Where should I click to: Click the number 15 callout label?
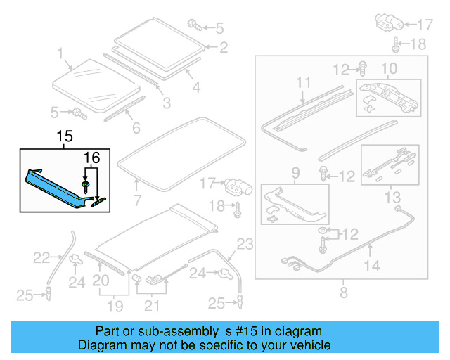[x=65, y=135]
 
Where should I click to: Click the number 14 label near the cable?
[x=372, y=266]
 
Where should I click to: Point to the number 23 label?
[x=243, y=245]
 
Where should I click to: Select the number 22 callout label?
[x=42, y=258]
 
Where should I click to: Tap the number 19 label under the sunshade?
[x=114, y=307]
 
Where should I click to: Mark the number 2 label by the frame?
[x=223, y=48]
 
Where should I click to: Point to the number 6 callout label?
[x=136, y=128]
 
